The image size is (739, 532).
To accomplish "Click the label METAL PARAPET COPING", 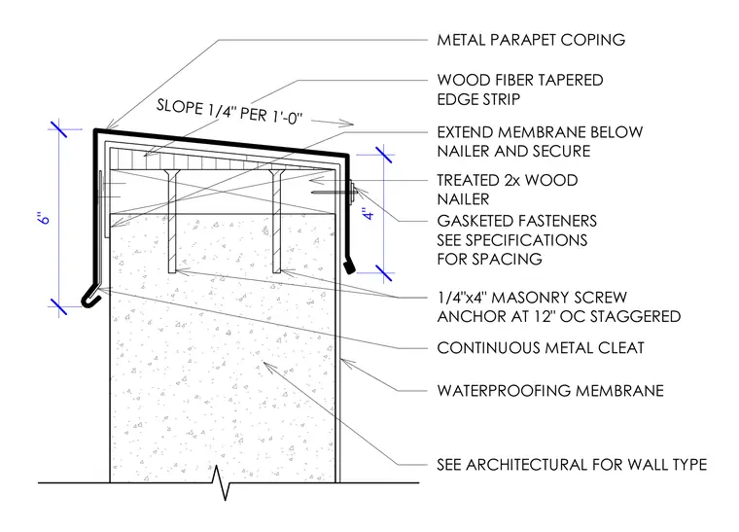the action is click(531, 40).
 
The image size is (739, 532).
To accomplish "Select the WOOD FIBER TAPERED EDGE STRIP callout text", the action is click(520, 89).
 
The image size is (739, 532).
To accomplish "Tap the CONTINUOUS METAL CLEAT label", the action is click(540, 348).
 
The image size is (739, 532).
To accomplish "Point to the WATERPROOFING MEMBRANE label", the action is click(550, 391).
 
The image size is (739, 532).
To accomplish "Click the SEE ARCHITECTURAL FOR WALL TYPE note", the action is click(572, 465).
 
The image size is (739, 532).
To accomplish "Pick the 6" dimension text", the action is click(43, 218).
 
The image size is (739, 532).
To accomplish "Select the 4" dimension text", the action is click(369, 213).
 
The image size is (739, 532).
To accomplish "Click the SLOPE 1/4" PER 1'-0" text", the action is click(229, 112).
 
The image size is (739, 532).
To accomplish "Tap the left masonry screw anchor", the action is click(171, 221).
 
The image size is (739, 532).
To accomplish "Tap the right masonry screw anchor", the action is click(277, 221).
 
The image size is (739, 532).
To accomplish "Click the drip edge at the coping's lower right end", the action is click(349, 266).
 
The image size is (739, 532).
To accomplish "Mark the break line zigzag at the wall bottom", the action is click(220, 482).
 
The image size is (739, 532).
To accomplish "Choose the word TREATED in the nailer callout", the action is click(466, 181).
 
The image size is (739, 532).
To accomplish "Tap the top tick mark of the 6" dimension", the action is click(59, 129).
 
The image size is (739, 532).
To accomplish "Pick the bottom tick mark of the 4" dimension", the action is click(384, 273).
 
